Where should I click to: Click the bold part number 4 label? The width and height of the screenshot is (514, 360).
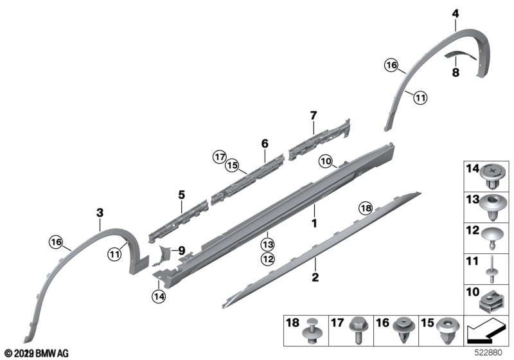click(x=456, y=14)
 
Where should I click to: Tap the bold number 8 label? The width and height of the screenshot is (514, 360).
click(x=456, y=72)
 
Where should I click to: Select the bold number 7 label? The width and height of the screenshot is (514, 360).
click(x=314, y=116)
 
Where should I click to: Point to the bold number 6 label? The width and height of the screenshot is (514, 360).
click(x=265, y=143)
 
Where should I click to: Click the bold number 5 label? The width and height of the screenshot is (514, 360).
click(x=181, y=195)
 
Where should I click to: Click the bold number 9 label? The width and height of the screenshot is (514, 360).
click(x=182, y=251)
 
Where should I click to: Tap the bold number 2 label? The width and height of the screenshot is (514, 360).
click(x=315, y=277)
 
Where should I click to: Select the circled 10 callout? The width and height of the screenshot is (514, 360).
click(x=326, y=161)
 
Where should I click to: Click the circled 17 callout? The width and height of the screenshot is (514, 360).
click(x=219, y=157)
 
